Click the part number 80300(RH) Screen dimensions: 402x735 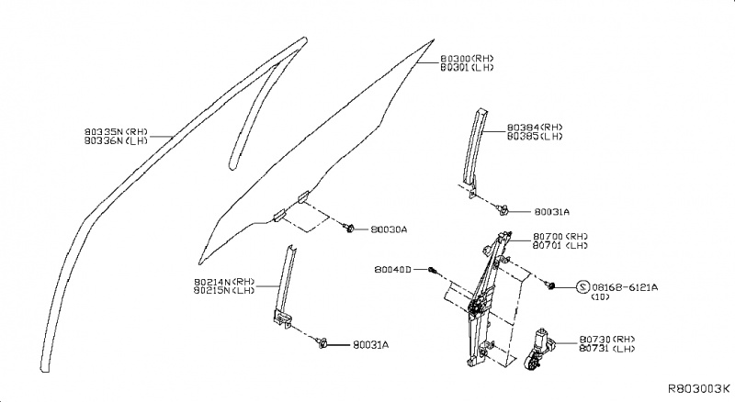(468, 58)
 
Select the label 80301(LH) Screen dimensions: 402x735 (468, 67)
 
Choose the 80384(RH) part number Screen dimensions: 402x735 (534, 127)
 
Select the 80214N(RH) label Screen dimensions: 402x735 (223, 281)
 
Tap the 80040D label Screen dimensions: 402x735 (394, 270)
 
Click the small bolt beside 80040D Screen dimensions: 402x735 (434, 270)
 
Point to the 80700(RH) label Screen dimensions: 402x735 (560, 237)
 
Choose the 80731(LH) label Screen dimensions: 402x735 (608, 350)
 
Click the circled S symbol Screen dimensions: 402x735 (582, 287)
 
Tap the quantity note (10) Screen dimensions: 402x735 (601, 298)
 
